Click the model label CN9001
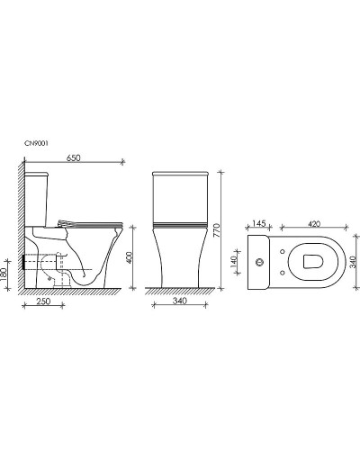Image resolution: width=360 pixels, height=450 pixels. (x=36, y=143)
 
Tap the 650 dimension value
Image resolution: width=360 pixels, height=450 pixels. (x=74, y=157)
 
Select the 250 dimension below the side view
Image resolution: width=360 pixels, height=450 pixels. (x=43, y=301)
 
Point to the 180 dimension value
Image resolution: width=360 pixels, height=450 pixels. (x=4, y=274)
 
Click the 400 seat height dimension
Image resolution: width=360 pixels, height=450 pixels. (x=129, y=257)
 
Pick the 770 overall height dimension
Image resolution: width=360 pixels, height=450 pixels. (x=217, y=230)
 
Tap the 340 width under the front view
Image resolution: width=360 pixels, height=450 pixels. (x=180, y=301)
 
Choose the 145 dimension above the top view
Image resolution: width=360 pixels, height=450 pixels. (x=258, y=223)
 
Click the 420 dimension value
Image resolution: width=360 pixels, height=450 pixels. (x=314, y=223)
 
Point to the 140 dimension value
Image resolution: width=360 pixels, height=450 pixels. (x=234, y=262)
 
